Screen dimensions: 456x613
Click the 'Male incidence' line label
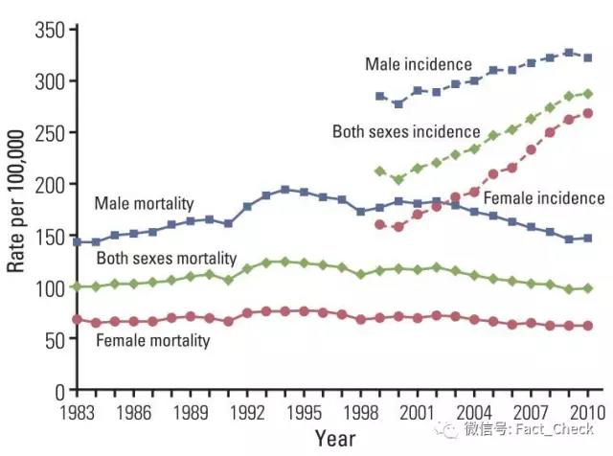coord(419,64)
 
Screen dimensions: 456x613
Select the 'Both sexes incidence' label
coord(405,130)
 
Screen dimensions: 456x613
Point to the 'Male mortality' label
coord(144,203)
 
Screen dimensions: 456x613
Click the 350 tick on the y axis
coord(48,30)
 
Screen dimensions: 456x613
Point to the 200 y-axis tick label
coord(48,184)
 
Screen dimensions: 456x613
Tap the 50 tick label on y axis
coord(53,339)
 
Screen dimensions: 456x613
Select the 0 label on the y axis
coord(57,391)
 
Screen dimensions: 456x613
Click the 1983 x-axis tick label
coord(78,413)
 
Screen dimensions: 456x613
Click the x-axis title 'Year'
coord(335,439)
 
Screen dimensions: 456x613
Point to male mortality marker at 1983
coord(78,242)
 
